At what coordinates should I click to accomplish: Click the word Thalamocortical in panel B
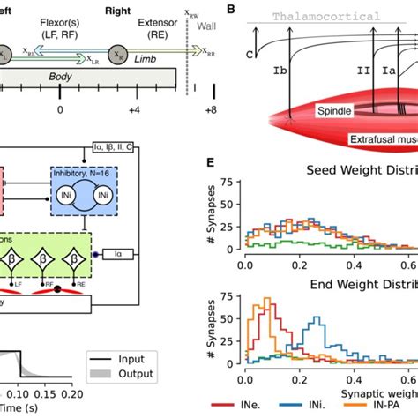pos(325,17)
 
